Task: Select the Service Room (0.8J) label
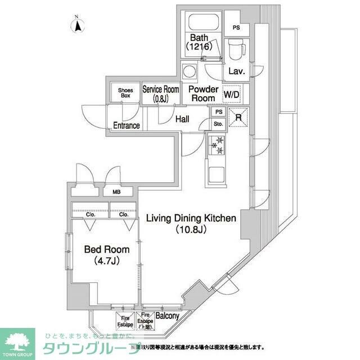[x=160, y=93]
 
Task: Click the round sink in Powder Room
[x=190, y=72]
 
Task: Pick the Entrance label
[x=126, y=125]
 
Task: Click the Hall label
[x=182, y=119]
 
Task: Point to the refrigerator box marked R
[x=238, y=118]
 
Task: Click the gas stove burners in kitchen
[x=217, y=145]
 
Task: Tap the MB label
[x=116, y=192]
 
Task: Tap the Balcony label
[x=167, y=316]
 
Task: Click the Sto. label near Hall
[x=218, y=124]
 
